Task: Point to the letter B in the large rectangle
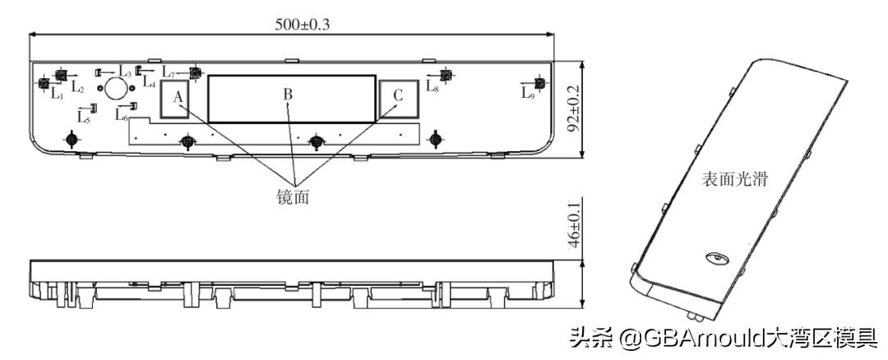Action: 288,95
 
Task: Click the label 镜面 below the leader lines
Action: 294,197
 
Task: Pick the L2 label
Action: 76,85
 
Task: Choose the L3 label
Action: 123,71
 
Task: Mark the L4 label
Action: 149,81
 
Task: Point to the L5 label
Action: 84,118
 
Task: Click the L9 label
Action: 528,92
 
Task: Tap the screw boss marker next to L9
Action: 539,83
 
